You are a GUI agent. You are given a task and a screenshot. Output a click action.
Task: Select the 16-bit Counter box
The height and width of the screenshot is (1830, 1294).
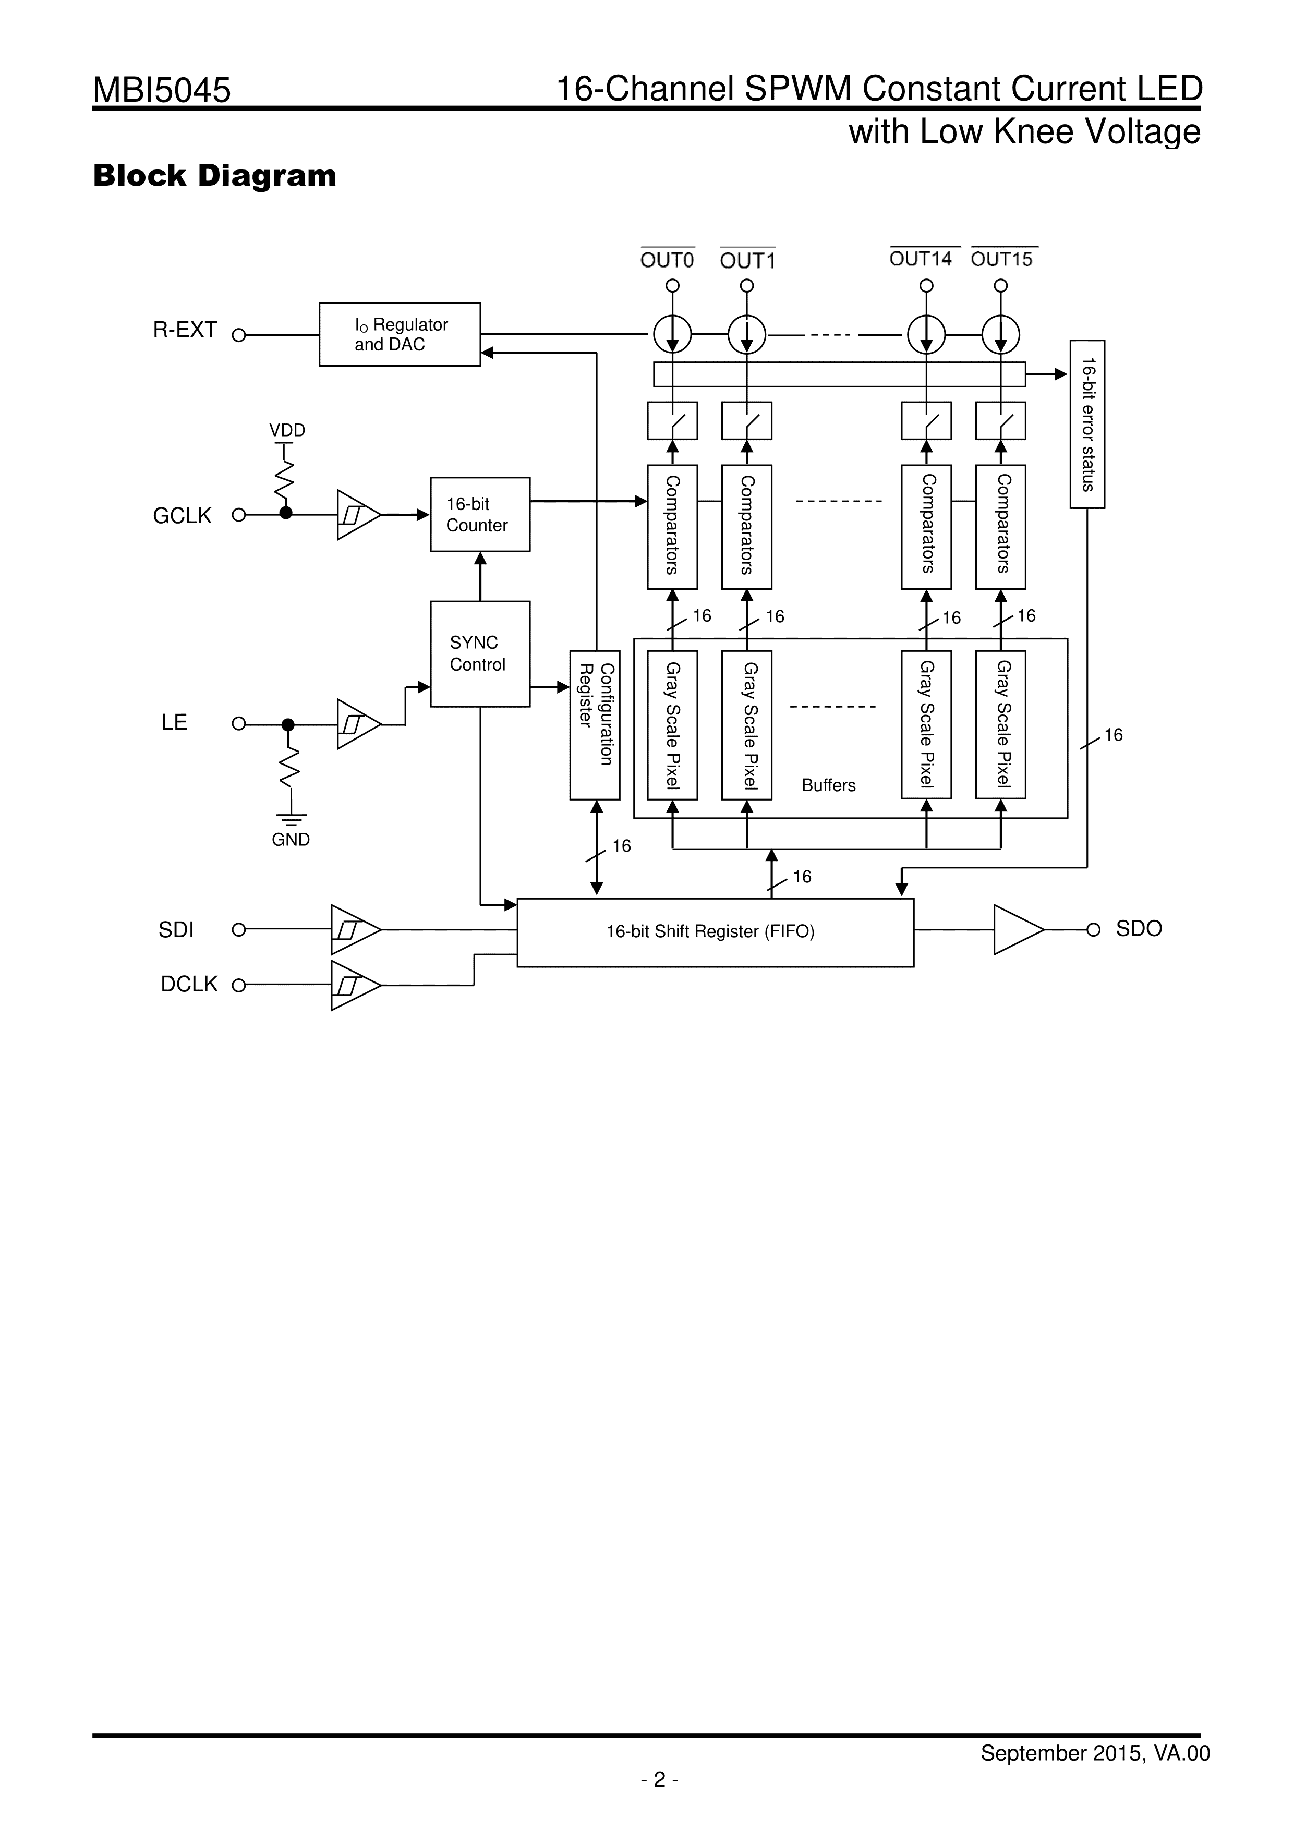click(x=480, y=514)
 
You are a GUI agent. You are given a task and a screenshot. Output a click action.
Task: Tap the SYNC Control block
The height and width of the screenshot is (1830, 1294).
click(x=480, y=653)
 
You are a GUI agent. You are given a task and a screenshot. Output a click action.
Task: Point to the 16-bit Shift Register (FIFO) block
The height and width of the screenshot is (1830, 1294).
click(x=715, y=932)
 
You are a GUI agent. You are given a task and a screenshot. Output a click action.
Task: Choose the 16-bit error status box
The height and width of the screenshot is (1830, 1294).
click(x=1087, y=424)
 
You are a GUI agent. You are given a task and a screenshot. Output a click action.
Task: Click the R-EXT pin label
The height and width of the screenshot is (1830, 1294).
click(x=185, y=330)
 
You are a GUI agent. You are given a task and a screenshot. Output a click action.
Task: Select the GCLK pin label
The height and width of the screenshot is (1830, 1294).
click(x=183, y=516)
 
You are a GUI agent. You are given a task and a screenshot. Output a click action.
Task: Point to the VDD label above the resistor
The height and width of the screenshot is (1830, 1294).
click(x=287, y=430)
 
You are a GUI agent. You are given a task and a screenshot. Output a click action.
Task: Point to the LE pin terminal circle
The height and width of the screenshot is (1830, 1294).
click(x=238, y=724)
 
